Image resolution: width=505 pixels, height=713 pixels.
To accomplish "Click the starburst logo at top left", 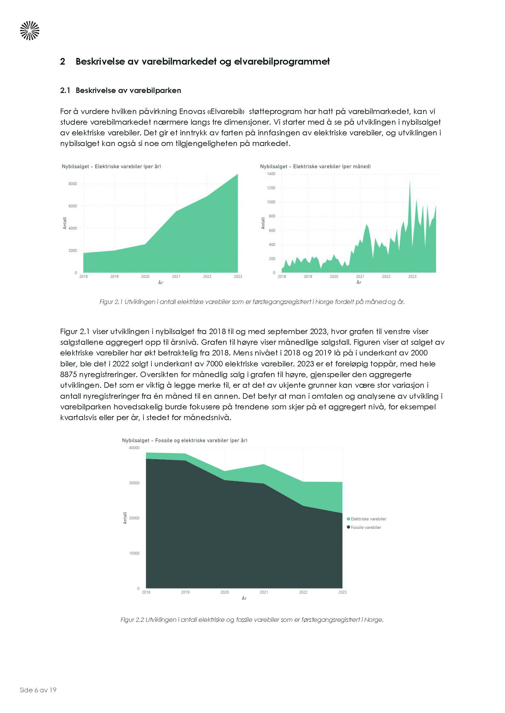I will (x=30, y=31).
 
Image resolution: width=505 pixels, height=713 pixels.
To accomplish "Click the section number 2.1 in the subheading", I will (x=65, y=90).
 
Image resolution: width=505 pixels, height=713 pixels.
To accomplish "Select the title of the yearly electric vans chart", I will (x=111, y=166).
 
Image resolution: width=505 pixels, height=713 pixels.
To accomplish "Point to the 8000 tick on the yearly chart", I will (x=72, y=184).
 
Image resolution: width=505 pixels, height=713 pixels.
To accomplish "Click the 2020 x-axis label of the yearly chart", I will (x=145, y=276).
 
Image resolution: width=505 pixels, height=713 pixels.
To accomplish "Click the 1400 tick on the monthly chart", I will (x=271, y=174).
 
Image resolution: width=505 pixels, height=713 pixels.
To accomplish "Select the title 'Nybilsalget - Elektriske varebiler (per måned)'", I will (x=315, y=166).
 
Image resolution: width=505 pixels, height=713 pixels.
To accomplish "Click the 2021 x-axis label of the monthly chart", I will (x=360, y=276).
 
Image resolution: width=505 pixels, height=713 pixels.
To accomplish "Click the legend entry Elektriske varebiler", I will (x=368, y=519).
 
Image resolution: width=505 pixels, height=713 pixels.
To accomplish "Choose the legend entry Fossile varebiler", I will (x=366, y=527).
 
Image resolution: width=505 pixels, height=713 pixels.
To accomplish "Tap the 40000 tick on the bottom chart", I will (x=134, y=448).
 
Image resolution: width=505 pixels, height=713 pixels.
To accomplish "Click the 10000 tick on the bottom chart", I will (x=134, y=553).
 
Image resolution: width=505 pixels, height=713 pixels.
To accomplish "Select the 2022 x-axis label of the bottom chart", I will (x=303, y=592).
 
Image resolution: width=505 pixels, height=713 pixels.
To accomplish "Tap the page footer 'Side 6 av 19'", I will (x=38, y=690).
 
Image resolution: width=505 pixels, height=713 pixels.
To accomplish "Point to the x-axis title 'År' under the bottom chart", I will (x=244, y=598).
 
